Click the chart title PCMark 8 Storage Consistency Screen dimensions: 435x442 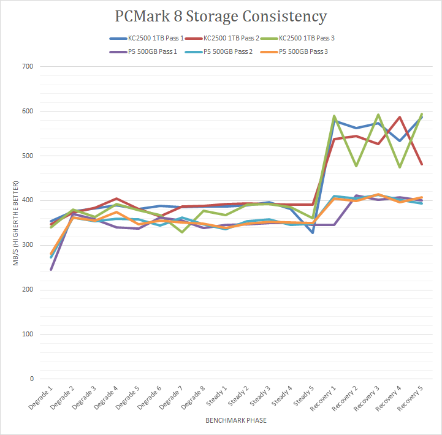pos(221,16)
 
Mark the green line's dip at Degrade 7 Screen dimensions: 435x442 pos(182,232)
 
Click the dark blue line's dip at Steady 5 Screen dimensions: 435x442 pos(313,233)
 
